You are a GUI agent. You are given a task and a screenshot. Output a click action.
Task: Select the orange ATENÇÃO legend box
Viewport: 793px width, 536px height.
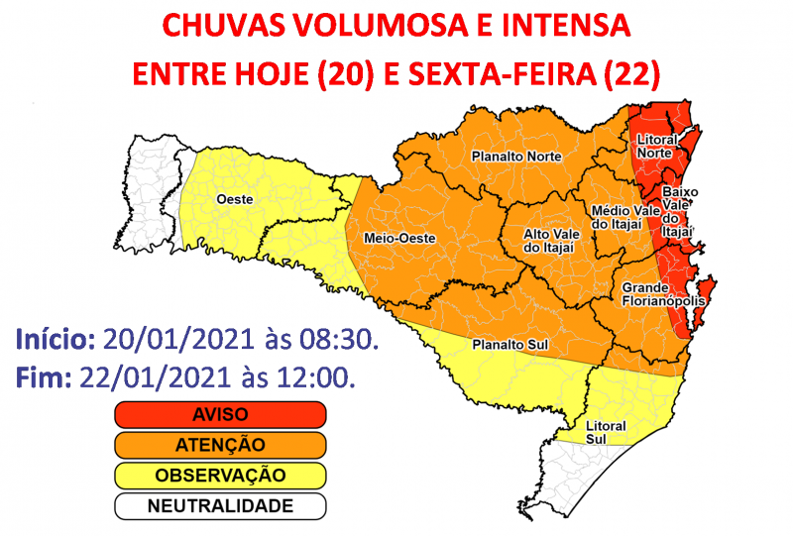point(220,445)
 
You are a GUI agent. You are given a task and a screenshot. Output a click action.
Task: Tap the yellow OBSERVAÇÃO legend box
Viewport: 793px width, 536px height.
point(220,476)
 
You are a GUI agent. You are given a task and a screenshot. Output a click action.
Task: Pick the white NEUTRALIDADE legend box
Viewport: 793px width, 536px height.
point(220,506)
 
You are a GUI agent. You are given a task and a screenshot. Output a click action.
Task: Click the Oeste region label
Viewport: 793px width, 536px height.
point(234,199)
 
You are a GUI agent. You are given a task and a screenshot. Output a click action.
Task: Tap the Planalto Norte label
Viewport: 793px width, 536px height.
point(515,157)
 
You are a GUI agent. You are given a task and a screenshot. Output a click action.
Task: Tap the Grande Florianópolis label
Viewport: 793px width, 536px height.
point(663,294)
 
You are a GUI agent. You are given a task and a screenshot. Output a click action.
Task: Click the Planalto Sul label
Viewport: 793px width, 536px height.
point(510,346)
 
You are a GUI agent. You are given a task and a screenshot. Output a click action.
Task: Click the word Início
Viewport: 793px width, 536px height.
point(56,340)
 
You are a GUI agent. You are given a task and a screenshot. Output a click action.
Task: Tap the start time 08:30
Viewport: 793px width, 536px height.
point(343,340)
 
